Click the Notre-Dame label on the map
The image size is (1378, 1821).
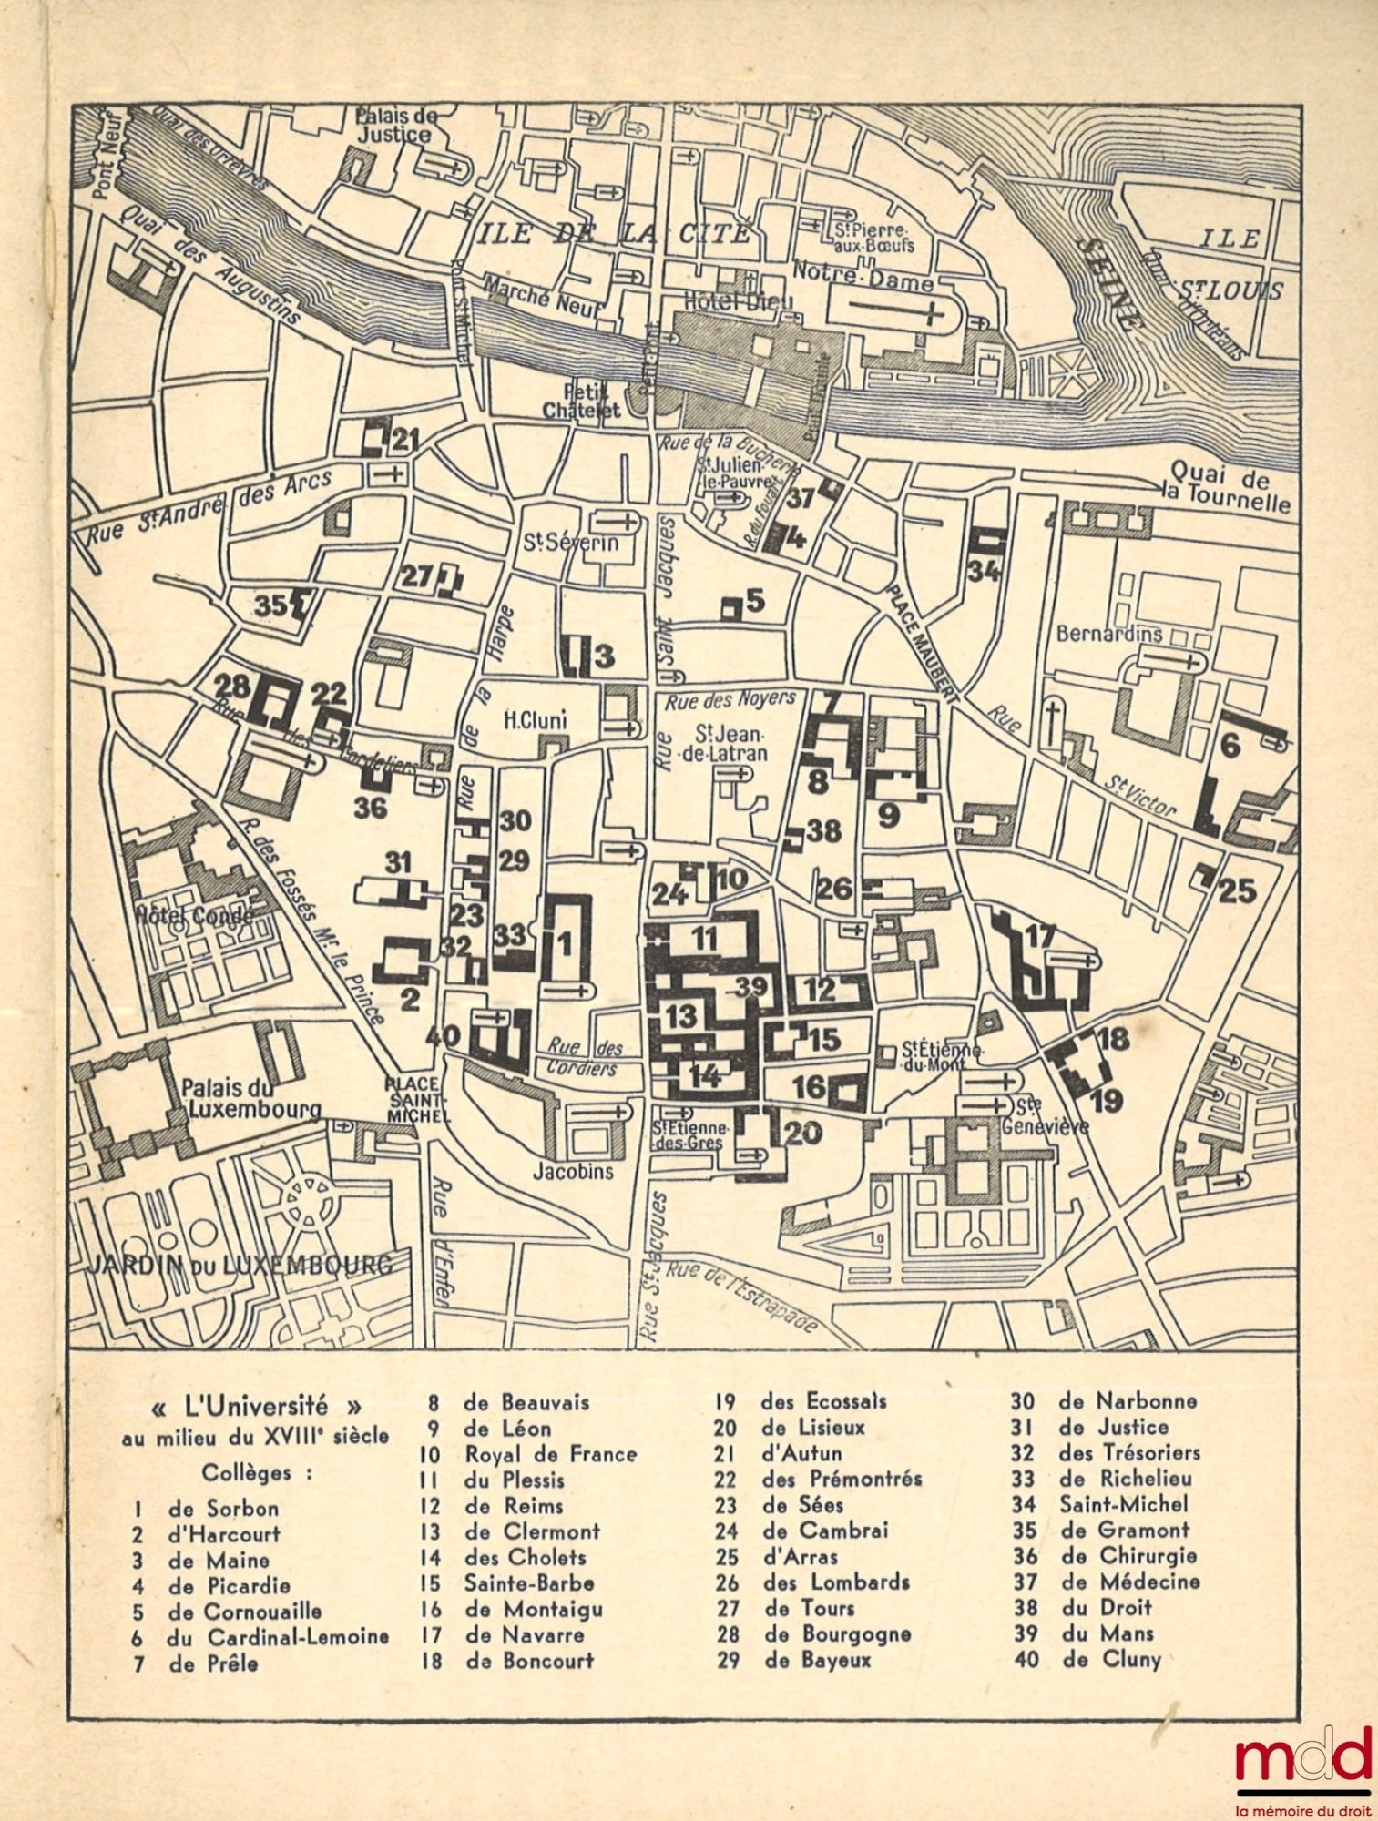click(863, 274)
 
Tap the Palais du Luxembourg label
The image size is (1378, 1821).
click(250, 1098)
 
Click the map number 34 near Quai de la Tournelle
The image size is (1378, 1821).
click(985, 572)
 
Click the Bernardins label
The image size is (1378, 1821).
click(1108, 634)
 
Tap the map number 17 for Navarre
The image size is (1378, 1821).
click(1039, 936)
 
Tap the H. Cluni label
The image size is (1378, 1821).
click(536, 721)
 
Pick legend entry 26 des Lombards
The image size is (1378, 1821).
click(813, 1583)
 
